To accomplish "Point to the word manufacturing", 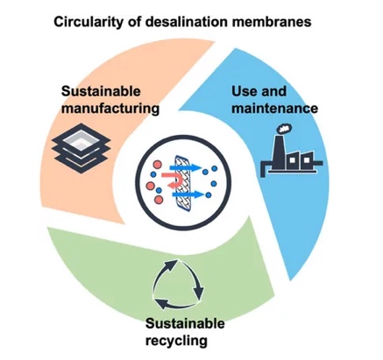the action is pyautogui.click(x=110, y=109).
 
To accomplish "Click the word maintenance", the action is pyautogui.click(x=275, y=108).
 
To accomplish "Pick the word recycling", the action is pyautogui.click(x=176, y=341).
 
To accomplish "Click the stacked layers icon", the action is pyautogui.click(x=82, y=147).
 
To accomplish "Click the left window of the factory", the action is pyautogui.click(x=292, y=160).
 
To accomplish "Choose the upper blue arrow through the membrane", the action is pyautogui.click(x=185, y=167).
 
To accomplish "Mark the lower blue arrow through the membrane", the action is pyautogui.click(x=187, y=194).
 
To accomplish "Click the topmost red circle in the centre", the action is pyautogui.click(x=157, y=165).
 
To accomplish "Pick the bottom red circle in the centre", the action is pyautogui.click(x=159, y=200).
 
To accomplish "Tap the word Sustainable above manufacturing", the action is pyautogui.click(x=101, y=91).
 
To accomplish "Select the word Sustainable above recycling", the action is pyautogui.click(x=185, y=323).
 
